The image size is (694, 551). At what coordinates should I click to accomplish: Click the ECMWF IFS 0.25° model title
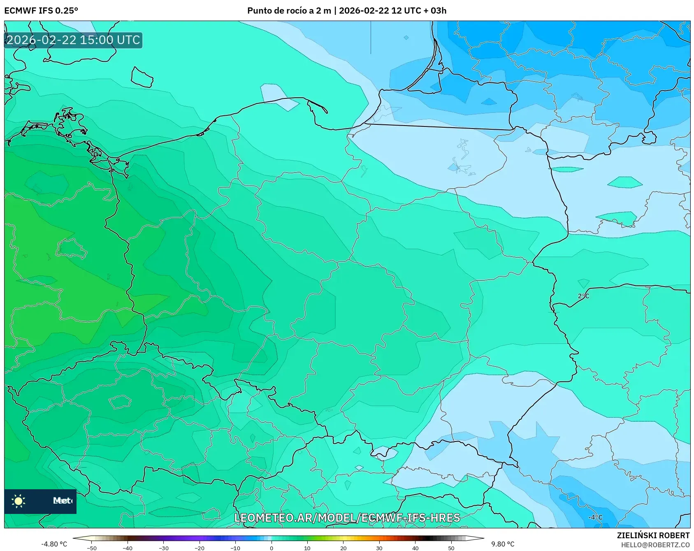(41, 10)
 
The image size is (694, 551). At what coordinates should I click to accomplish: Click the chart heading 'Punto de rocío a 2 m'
(289, 10)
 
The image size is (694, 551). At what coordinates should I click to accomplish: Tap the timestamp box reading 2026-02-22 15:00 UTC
(73, 40)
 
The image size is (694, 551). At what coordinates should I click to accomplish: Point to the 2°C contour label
(583, 296)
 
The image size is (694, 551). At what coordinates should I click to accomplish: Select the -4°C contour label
(595, 518)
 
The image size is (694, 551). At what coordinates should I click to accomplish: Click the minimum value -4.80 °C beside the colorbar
(54, 544)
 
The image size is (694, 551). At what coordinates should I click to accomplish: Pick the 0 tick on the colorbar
(272, 548)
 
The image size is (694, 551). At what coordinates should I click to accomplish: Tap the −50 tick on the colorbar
(92, 548)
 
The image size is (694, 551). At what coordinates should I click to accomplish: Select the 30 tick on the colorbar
(379, 548)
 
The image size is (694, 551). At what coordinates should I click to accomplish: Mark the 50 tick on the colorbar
(451, 548)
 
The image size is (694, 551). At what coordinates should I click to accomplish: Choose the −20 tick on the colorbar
(200, 548)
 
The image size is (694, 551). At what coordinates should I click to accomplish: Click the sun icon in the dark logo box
(19, 501)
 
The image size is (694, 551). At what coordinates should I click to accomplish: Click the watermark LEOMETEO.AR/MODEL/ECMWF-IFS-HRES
(347, 518)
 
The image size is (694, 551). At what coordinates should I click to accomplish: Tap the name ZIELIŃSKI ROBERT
(653, 535)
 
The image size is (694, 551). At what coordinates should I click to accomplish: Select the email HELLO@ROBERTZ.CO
(655, 545)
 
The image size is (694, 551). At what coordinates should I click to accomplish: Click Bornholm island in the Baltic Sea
(142, 77)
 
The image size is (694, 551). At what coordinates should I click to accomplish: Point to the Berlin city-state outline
(71, 248)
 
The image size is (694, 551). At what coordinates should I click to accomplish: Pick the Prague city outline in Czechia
(120, 402)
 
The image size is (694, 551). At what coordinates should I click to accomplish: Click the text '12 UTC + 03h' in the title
(418, 10)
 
